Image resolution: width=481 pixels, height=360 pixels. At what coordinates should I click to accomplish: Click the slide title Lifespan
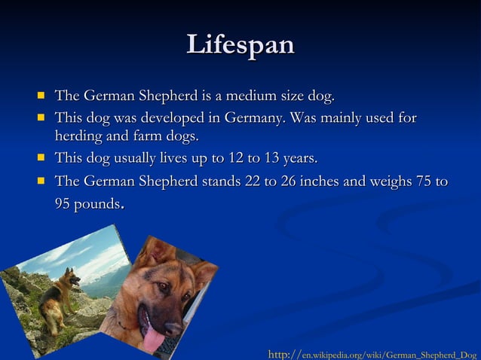click(x=240, y=44)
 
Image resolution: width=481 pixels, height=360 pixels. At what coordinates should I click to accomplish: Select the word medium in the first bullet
click(x=254, y=96)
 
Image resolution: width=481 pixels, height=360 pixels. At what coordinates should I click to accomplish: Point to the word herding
click(x=80, y=137)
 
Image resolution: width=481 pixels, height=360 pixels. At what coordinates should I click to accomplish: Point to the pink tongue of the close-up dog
click(x=155, y=338)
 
